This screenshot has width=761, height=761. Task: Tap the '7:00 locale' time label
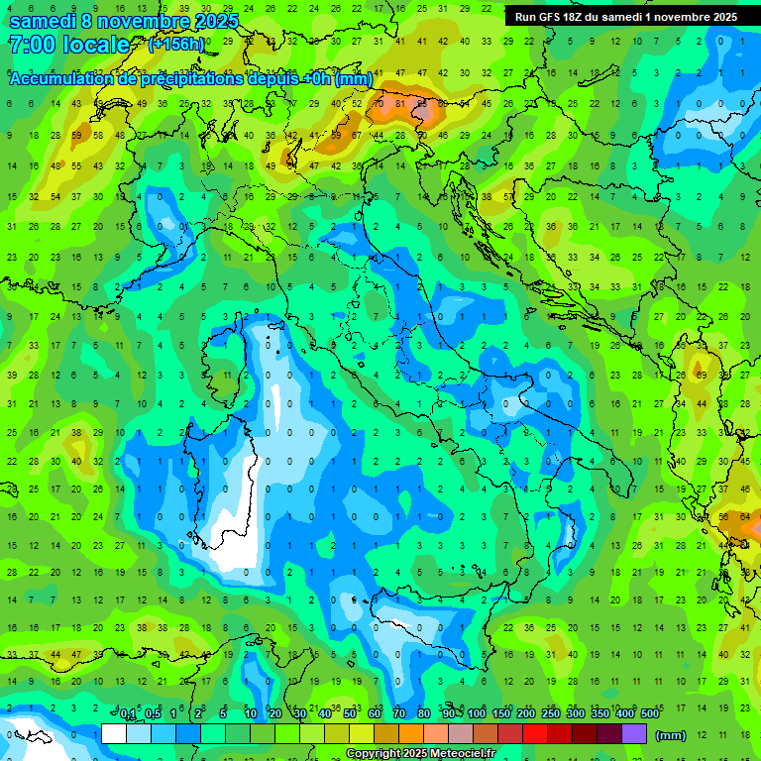68,45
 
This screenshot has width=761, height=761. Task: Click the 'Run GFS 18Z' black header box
625,17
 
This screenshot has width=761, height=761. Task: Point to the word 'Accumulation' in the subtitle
63,79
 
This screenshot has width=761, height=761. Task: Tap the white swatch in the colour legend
114,733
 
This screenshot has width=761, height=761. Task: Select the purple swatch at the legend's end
634,733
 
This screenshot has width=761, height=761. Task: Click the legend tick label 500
649,714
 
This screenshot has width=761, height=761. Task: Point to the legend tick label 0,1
128,714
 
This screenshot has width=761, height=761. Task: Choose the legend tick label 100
477,714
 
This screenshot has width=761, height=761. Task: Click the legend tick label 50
350,714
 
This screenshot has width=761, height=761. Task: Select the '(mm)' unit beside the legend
671,735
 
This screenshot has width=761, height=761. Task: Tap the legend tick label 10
251,714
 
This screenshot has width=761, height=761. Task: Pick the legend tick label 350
599,714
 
